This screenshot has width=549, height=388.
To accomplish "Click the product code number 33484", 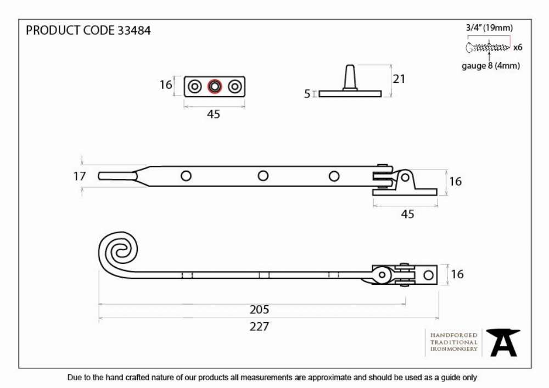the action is click(x=134, y=30).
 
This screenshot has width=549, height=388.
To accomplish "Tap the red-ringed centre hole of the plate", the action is click(x=215, y=86).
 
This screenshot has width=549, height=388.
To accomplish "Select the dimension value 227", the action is click(x=260, y=327).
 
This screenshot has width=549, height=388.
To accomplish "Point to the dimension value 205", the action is click(x=260, y=310).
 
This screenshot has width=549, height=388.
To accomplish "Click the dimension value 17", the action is click(x=80, y=176).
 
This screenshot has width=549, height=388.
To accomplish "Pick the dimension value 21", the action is click(x=399, y=78).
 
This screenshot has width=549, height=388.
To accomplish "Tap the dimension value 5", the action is click(x=307, y=94).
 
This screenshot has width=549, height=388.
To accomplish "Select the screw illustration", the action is click(x=488, y=47).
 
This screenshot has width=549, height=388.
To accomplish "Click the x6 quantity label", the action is click(x=518, y=47).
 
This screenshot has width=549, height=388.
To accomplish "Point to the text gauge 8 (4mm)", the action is click(x=490, y=65).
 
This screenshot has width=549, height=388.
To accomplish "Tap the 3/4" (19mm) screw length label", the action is click(x=489, y=27).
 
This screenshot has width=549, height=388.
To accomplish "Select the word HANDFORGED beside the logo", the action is click(x=454, y=335).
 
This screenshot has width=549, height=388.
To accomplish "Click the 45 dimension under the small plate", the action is click(x=214, y=114).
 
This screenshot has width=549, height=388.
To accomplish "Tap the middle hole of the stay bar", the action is click(x=263, y=176).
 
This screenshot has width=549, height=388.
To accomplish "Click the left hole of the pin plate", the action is click(x=195, y=86).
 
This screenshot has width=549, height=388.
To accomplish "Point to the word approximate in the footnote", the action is click(x=329, y=378).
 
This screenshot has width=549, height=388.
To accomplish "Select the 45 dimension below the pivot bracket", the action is click(x=407, y=214).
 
